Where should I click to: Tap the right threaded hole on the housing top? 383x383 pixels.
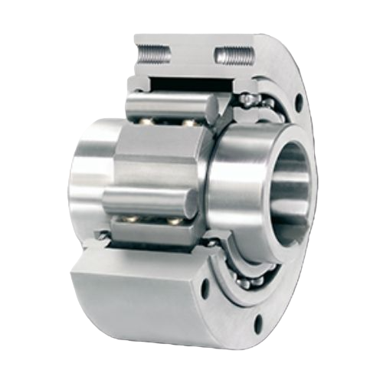tap(234, 54)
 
